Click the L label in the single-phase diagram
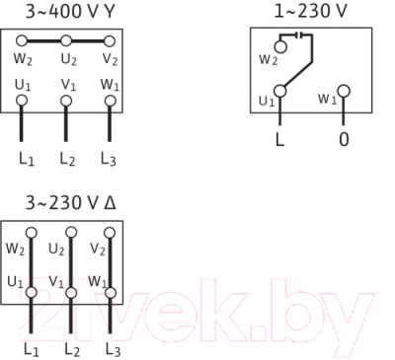pyautogui.click(x=279, y=139)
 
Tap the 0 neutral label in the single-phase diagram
pyautogui.click(x=344, y=139)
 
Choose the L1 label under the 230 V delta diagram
pyautogui.click(x=31, y=349)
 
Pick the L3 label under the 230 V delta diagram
pyautogui.click(x=113, y=349)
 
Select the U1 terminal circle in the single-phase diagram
pyautogui.click(x=280, y=93)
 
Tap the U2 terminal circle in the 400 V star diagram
pyautogui.click(x=65, y=41)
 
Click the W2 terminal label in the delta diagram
pyautogui.click(x=14, y=248)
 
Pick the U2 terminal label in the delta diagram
pyautogui.click(x=56, y=248)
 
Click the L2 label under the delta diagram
pyautogui.click(x=71, y=349)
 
